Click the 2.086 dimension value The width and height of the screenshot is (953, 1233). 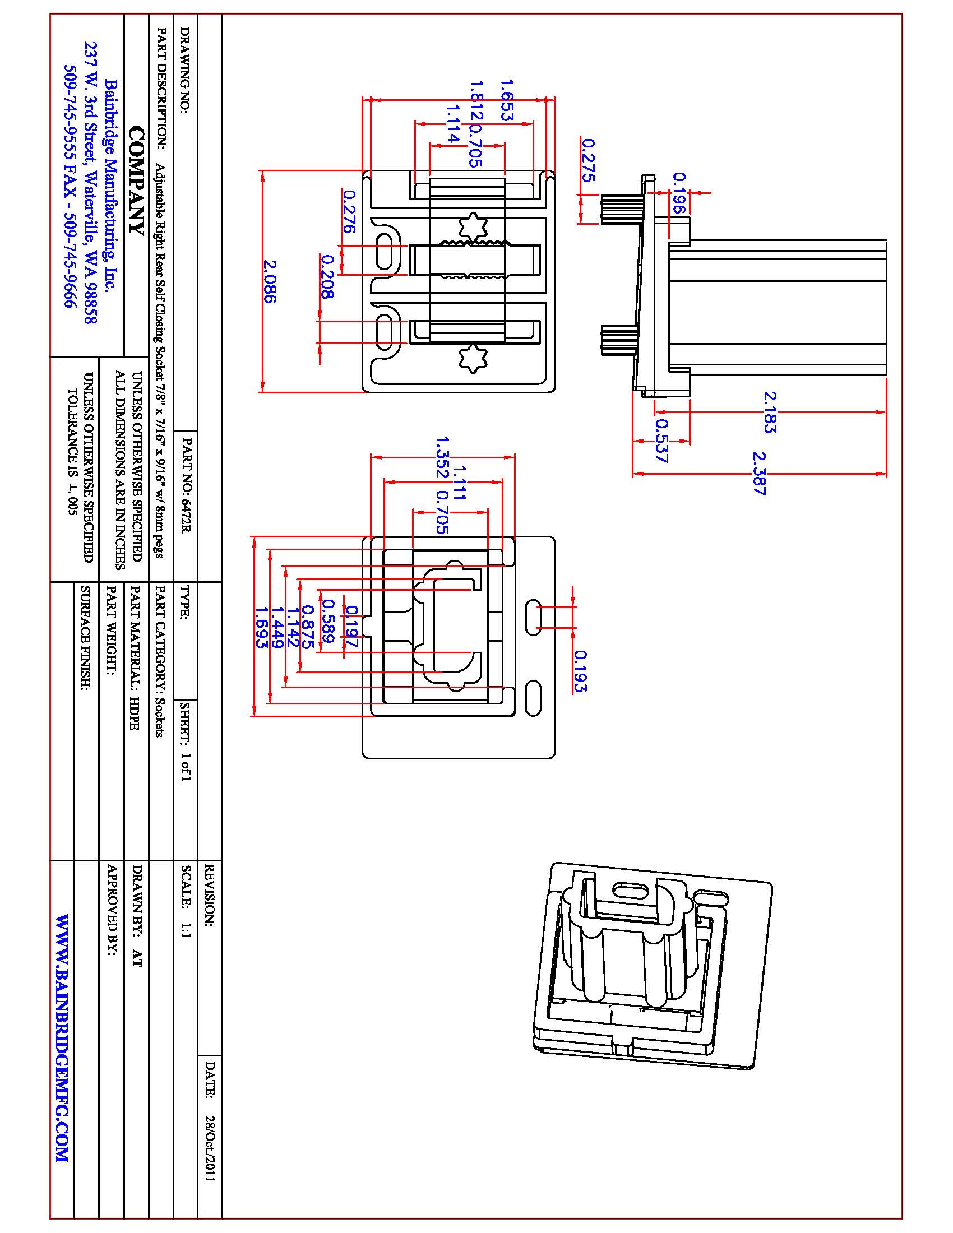(x=270, y=281)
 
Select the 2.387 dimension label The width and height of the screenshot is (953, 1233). (x=761, y=473)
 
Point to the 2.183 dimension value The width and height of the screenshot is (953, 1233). (x=770, y=412)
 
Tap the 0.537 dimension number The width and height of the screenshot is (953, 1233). (x=662, y=441)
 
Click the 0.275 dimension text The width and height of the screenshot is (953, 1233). (x=587, y=160)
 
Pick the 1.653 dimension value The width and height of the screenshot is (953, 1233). (x=506, y=100)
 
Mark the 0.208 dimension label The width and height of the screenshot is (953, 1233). (x=327, y=276)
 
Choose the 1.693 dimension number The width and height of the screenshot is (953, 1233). (x=261, y=627)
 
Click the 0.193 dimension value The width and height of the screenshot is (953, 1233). (x=580, y=671)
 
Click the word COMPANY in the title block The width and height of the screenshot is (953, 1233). (x=136, y=180)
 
